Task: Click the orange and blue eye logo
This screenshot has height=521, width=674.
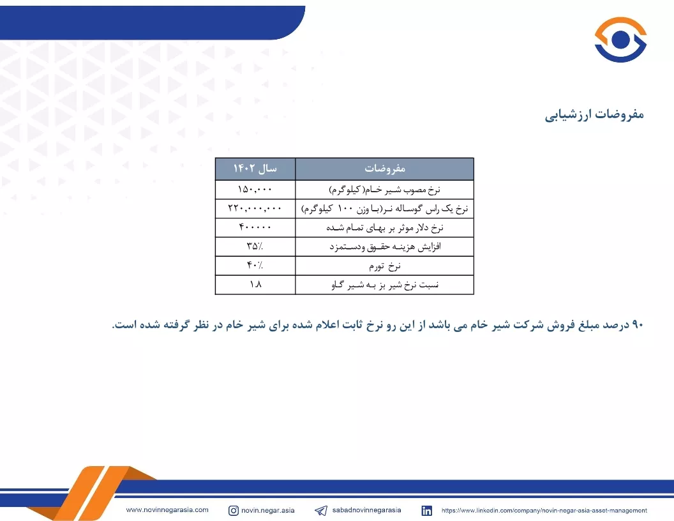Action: click(x=620, y=40)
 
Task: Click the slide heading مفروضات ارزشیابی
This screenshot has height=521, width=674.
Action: click(x=594, y=115)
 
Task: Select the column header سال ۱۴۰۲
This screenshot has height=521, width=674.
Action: click(x=255, y=169)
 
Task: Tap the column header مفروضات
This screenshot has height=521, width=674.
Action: click(x=385, y=169)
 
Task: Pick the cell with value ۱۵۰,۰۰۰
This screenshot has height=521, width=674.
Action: click(x=255, y=189)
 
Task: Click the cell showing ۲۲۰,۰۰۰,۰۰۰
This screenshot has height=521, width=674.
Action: click(x=255, y=208)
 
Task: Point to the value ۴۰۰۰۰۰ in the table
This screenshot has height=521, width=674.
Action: click(x=255, y=227)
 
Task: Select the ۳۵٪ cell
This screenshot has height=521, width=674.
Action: click(x=255, y=246)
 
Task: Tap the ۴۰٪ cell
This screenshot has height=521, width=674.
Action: click(x=255, y=265)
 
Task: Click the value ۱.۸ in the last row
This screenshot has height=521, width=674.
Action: click(x=255, y=284)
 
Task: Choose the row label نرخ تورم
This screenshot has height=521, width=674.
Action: click(x=385, y=266)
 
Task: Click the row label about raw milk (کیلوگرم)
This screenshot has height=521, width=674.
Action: click(x=385, y=190)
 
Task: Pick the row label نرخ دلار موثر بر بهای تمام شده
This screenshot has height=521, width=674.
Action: click(x=385, y=227)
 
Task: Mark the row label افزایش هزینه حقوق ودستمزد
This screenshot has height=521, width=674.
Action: click(x=385, y=246)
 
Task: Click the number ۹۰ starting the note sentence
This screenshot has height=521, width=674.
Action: click(x=637, y=324)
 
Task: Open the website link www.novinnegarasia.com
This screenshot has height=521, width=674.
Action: click(x=167, y=510)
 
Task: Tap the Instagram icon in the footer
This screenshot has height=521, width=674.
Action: click(x=234, y=510)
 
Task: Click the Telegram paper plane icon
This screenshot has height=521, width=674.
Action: click(x=320, y=510)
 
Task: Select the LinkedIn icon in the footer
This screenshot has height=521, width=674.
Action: click(x=426, y=510)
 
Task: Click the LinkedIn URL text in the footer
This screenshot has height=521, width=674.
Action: click(x=544, y=510)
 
